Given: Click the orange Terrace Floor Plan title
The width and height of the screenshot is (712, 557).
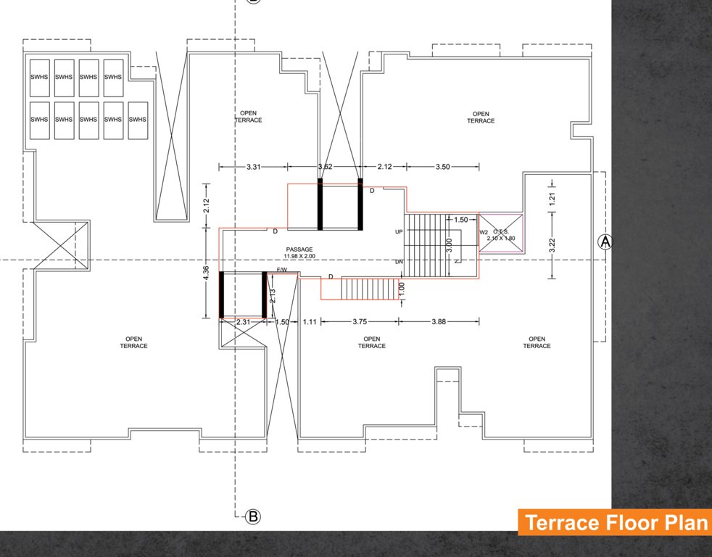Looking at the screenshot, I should (614, 523).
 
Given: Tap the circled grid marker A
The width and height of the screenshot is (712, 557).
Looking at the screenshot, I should (604, 242).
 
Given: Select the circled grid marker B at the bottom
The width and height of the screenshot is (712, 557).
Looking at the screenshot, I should (253, 516).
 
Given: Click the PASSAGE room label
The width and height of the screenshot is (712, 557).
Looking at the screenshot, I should (299, 249).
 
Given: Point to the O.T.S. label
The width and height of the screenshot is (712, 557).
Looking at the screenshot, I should (501, 231).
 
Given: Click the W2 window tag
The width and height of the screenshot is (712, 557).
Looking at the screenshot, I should (484, 232).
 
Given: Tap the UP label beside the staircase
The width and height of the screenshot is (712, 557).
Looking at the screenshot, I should (399, 232).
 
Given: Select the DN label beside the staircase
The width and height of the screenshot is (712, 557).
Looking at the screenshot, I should (399, 262).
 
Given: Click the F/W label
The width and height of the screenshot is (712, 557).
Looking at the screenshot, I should (282, 271).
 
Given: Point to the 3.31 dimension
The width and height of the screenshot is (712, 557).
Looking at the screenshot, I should (253, 167).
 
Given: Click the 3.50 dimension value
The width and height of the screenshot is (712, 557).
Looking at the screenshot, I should (442, 167).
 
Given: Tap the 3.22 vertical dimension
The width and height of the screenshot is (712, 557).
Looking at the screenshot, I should (552, 245).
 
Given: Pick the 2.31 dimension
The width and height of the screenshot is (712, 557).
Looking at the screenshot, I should (243, 321).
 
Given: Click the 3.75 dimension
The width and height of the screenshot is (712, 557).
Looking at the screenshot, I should (360, 321).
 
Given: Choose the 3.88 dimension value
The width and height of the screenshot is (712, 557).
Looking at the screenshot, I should (439, 321).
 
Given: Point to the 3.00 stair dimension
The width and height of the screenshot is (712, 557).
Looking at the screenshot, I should (450, 247).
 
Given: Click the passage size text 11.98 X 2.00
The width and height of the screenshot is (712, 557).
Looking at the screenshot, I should (299, 257).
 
